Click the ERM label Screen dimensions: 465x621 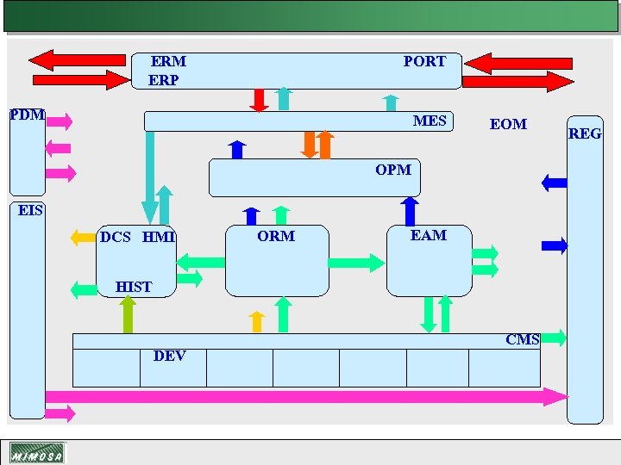tap(168, 62)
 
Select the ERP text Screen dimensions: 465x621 tap(164, 80)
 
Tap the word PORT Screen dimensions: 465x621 tap(424, 62)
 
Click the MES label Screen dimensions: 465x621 tap(430, 121)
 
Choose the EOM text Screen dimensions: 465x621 tap(508, 124)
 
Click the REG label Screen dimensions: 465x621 tap(585, 133)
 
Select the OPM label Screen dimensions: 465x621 tap(393, 170)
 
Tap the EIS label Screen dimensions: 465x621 tap(31, 210)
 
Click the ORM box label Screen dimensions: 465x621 tap(276, 236)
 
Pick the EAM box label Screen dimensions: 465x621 tap(429, 235)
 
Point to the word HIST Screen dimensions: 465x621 tap(134, 287)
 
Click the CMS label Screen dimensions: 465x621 tap(523, 339)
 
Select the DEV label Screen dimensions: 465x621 tap(170, 356)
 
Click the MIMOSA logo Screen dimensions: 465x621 tap(36, 453)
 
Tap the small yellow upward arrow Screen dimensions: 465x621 tap(255, 321)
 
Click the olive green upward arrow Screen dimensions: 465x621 tap(128, 314)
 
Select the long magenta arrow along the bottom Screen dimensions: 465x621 tap(302, 396)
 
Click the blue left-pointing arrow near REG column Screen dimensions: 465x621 tap(554, 182)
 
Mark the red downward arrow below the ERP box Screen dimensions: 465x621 tap(258, 100)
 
